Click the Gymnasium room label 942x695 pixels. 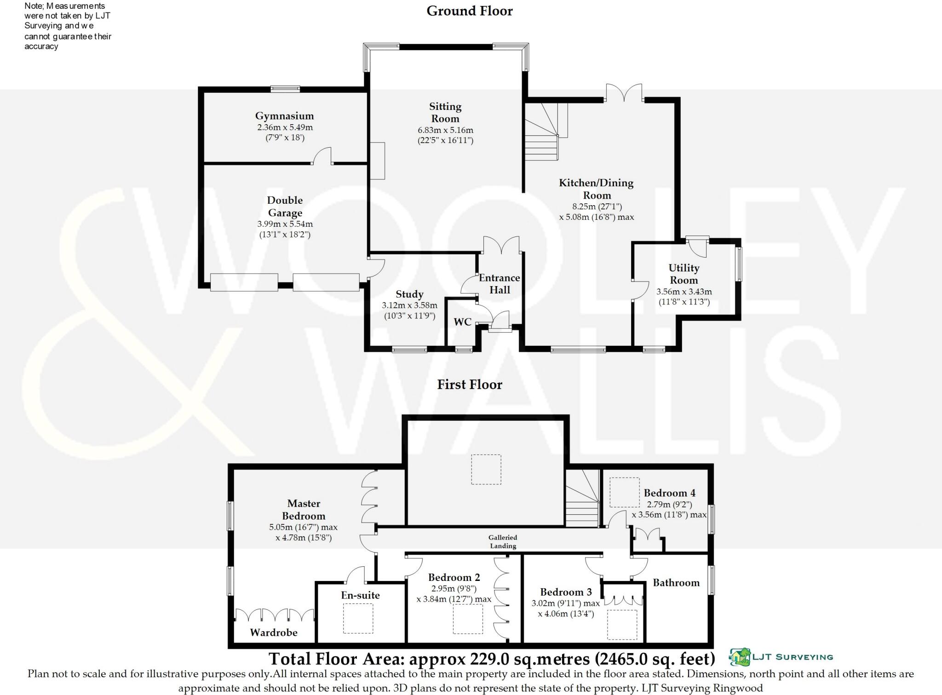pos(284,116)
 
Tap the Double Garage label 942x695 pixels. pos(285,207)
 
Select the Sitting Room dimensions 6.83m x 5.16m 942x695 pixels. pos(445,130)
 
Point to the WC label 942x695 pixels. pos(462,322)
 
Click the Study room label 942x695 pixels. pos(409,294)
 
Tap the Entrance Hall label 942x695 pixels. pos(500,284)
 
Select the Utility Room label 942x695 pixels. pos(684,274)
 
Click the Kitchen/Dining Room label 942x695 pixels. pos(596,189)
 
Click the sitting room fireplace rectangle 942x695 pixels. pos(378,161)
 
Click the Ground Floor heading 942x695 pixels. pos(469,11)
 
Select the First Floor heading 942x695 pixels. pos(469,385)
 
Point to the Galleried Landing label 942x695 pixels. pos(503,541)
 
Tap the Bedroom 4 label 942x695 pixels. pos(669,493)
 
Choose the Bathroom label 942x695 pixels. pos(676,583)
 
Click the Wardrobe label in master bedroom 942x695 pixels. pos(274,632)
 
